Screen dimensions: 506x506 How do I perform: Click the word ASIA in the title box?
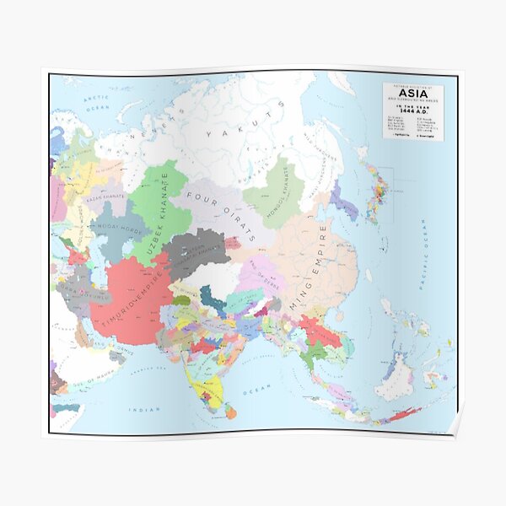[x=412, y=95]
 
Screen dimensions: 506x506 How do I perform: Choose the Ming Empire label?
[x=310, y=263]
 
